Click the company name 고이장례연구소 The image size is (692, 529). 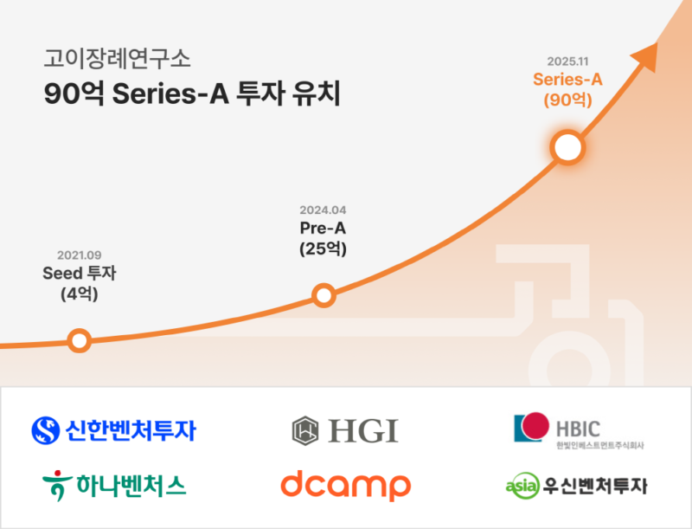pyautogui.click(x=117, y=59)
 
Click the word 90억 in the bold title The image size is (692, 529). pyautogui.click(x=67, y=94)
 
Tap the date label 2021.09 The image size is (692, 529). pyautogui.click(x=80, y=255)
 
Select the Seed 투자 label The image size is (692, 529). pyautogui.click(x=80, y=274)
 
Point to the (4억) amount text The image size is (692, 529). pyautogui.click(x=80, y=294)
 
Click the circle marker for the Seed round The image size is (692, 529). pyautogui.click(x=79, y=340)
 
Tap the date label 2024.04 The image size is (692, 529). pyautogui.click(x=323, y=210)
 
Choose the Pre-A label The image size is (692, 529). pyautogui.click(x=323, y=229)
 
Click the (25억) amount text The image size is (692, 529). pyautogui.click(x=323, y=249)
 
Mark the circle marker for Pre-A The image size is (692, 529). pyautogui.click(x=323, y=296)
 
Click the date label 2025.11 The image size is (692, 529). pyautogui.click(x=568, y=61)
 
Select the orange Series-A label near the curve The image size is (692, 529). pyautogui.click(x=567, y=80)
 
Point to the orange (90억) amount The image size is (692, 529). pyautogui.click(x=567, y=100)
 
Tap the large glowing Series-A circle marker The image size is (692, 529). pyautogui.click(x=567, y=147)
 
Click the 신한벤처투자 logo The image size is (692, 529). pyautogui.click(x=113, y=429)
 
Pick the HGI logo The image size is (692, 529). pyautogui.click(x=344, y=429)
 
